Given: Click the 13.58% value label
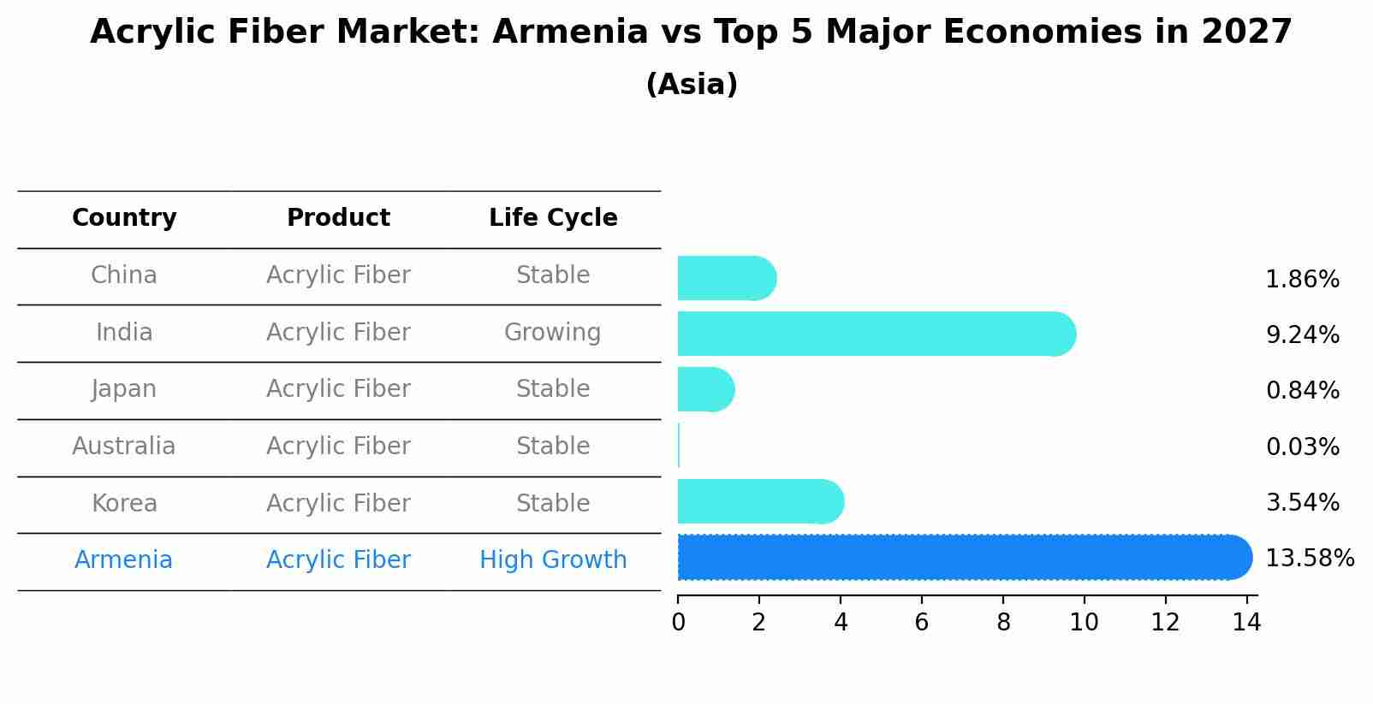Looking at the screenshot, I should click(x=1309, y=559).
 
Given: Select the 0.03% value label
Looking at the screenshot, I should click(x=1302, y=447).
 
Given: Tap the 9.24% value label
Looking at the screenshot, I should click(x=1302, y=334).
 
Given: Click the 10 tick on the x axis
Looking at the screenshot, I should click(x=1084, y=623).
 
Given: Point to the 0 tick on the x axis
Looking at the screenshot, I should click(x=678, y=623).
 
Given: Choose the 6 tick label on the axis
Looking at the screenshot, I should click(x=921, y=623).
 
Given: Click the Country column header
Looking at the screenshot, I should click(x=124, y=218).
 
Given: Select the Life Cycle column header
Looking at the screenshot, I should click(x=553, y=218).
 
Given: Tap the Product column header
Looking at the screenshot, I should click(x=338, y=218).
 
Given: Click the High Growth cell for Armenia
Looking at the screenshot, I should click(x=553, y=560).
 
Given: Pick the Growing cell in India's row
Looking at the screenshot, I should click(x=552, y=333).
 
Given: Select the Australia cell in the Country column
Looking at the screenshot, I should click(x=123, y=447).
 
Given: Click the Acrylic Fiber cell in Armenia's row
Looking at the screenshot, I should click(x=338, y=560).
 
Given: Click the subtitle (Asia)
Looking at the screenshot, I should click(x=692, y=85).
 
